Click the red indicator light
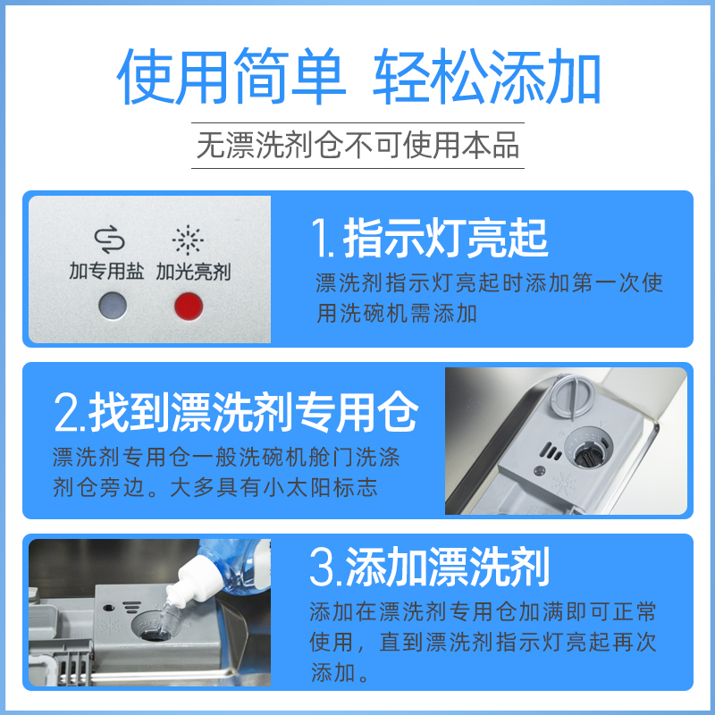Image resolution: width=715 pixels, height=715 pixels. (188, 307)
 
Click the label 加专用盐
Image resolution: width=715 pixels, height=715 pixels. (106, 271)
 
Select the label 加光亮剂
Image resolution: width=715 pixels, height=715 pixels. (193, 271)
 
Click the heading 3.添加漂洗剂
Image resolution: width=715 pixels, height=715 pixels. (430, 568)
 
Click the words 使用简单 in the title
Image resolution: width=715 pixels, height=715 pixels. (231, 79)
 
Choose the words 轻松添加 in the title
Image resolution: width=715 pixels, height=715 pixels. (486, 79)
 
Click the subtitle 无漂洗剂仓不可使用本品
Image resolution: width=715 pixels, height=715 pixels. (357, 145)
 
